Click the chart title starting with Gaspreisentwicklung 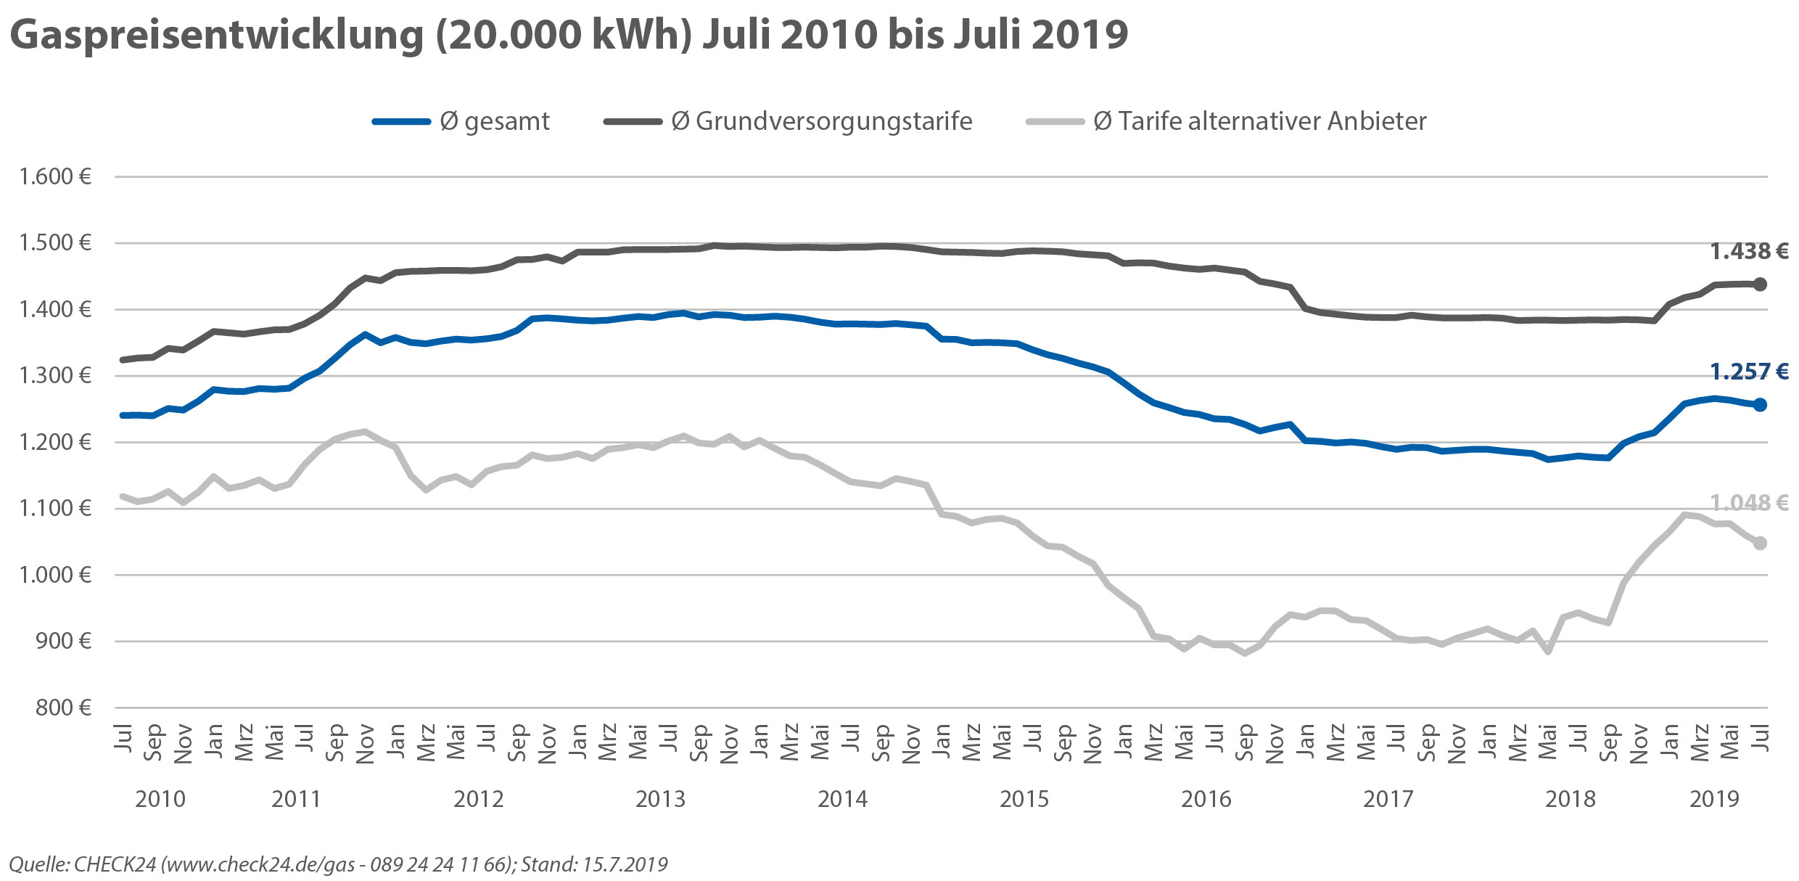(x=569, y=35)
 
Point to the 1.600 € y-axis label (x=56, y=176)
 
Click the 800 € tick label (x=64, y=708)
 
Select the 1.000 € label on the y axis (x=56, y=575)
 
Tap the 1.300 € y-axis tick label (x=56, y=376)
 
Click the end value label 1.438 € (x=1749, y=251)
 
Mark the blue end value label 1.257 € (x=1749, y=372)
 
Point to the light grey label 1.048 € (x=1749, y=502)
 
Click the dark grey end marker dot (x=1760, y=284)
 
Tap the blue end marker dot (x=1760, y=405)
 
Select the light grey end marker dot (x=1760, y=544)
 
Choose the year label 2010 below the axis (x=160, y=799)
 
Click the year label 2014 (x=842, y=799)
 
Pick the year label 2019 (x=1714, y=799)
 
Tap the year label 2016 (x=1206, y=799)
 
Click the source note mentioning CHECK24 (x=338, y=864)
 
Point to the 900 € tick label (x=64, y=642)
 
